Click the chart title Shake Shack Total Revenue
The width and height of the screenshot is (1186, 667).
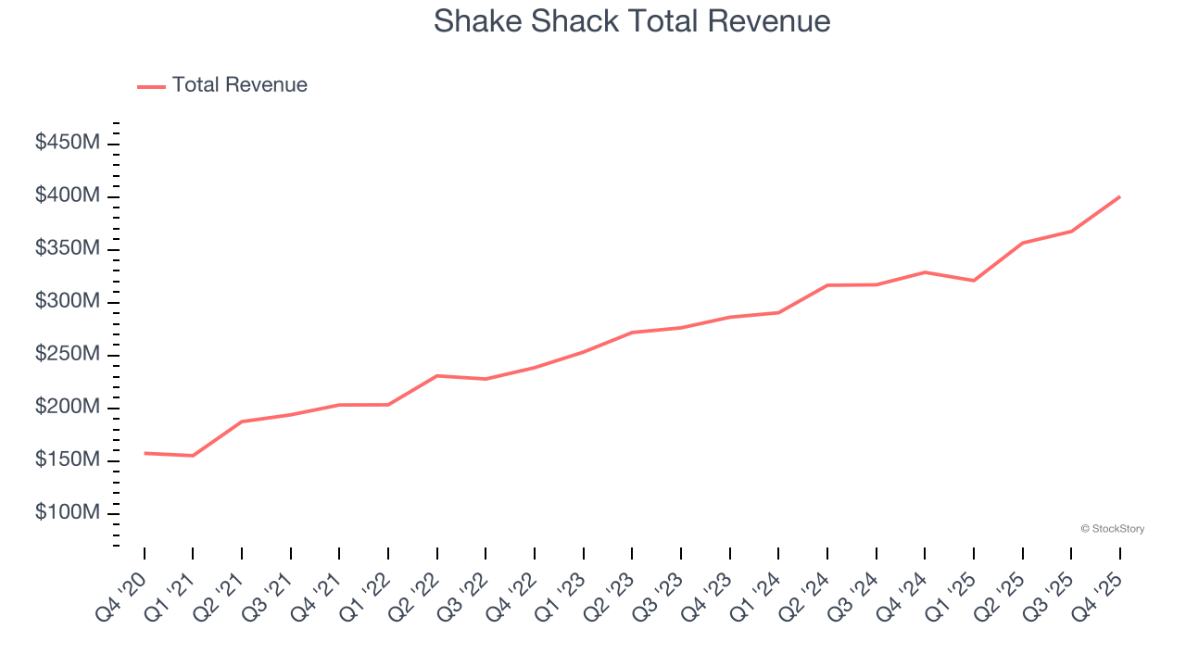tap(632, 21)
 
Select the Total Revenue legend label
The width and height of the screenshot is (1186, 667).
tap(239, 85)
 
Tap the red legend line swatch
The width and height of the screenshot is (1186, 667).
tap(152, 86)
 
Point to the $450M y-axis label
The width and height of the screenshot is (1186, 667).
tap(69, 144)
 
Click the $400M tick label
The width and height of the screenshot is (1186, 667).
tap(69, 196)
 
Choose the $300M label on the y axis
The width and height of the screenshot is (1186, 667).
tap(69, 302)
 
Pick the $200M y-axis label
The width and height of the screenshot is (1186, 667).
tap(69, 408)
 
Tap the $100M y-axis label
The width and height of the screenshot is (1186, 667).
tap(69, 513)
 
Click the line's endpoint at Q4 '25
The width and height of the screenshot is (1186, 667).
tap(1119, 196)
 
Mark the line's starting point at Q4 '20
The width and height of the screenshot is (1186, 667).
tap(145, 453)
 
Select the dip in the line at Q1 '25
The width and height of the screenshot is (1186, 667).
tap(974, 281)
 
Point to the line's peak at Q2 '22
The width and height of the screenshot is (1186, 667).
tap(436, 376)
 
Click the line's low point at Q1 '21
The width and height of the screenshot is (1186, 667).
tap(193, 456)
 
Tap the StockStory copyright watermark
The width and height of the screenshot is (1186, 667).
tap(1112, 529)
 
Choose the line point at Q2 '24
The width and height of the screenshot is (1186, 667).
tap(827, 285)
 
